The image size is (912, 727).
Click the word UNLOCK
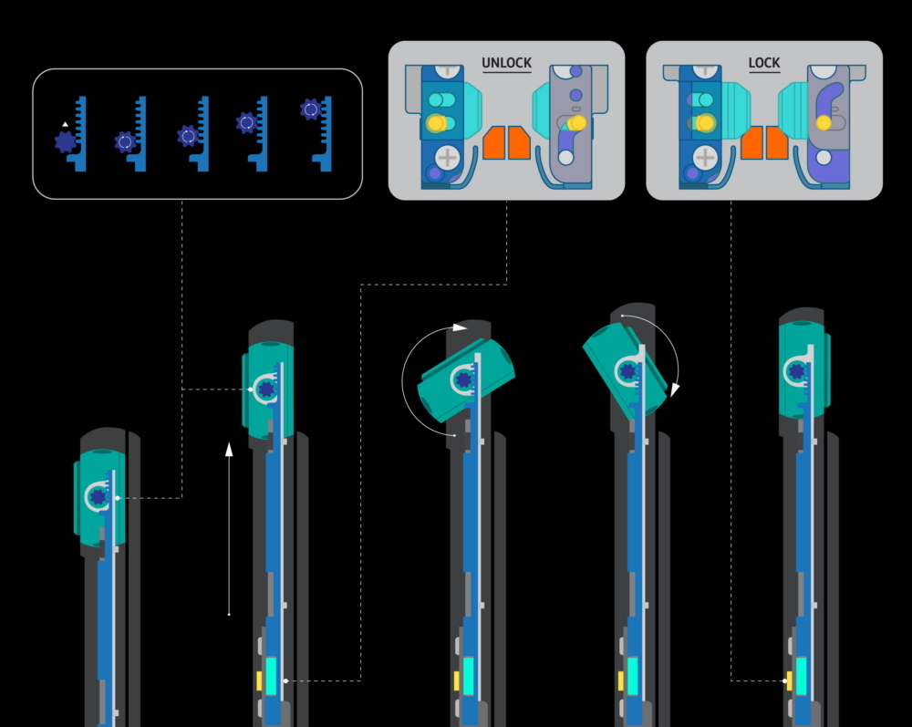coord(506,63)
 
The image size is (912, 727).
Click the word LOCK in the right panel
coord(764,63)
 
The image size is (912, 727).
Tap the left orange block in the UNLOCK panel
coord(493,142)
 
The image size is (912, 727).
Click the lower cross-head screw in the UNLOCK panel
coord(447,158)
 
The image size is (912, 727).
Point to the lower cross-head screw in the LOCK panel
coord(705,158)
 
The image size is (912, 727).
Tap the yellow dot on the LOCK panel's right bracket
coord(824,123)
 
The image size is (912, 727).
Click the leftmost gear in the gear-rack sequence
coord(65,142)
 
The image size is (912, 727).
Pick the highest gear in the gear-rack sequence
coord(311,109)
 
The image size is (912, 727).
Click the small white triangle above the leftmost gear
coord(65,124)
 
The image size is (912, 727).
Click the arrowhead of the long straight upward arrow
coord(229,449)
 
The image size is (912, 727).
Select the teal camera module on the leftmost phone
coord(99,498)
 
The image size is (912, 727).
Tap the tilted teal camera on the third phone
coord(466,379)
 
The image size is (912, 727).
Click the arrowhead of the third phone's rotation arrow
coord(460,327)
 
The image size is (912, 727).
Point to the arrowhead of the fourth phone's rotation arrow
coord(675,389)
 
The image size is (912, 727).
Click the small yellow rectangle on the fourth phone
coord(621,681)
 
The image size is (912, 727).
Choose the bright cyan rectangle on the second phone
coord(271,676)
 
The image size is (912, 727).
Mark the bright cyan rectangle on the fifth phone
coord(801,676)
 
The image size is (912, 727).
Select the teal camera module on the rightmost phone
coord(804,370)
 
